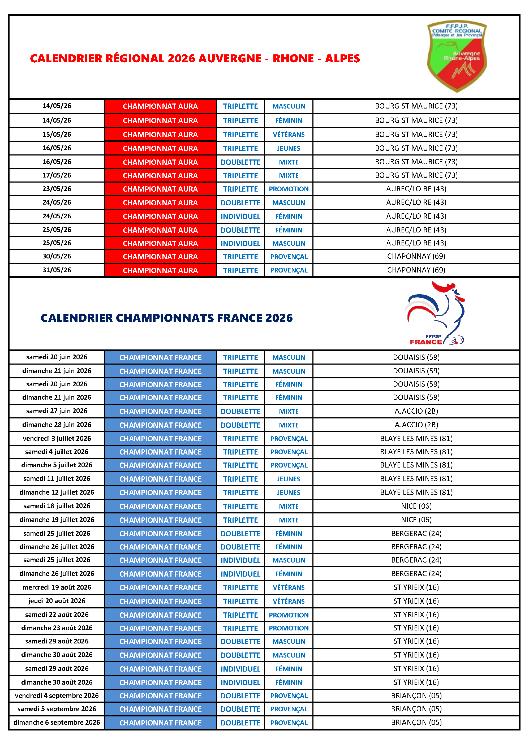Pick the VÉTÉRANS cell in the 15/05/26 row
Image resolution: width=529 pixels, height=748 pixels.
[x=289, y=135]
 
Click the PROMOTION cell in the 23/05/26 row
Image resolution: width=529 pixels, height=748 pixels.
[x=289, y=189]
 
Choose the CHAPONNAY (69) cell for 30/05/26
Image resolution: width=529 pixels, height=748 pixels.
[x=416, y=256]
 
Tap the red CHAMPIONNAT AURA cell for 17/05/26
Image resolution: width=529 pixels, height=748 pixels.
[x=160, y=176]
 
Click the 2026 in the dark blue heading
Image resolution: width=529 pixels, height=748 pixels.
[x=279, y=318]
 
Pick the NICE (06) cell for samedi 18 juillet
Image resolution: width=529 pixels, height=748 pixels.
[x=416, y=506]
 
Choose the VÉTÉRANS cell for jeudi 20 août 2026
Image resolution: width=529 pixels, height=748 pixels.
[x=289, y=601]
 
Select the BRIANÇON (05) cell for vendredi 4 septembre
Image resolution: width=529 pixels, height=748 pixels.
[x=416, y=695]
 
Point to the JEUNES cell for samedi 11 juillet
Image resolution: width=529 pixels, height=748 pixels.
[x=289, y=479]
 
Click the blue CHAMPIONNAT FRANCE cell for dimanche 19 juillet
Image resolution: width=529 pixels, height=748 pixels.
[x=160, y=520]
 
